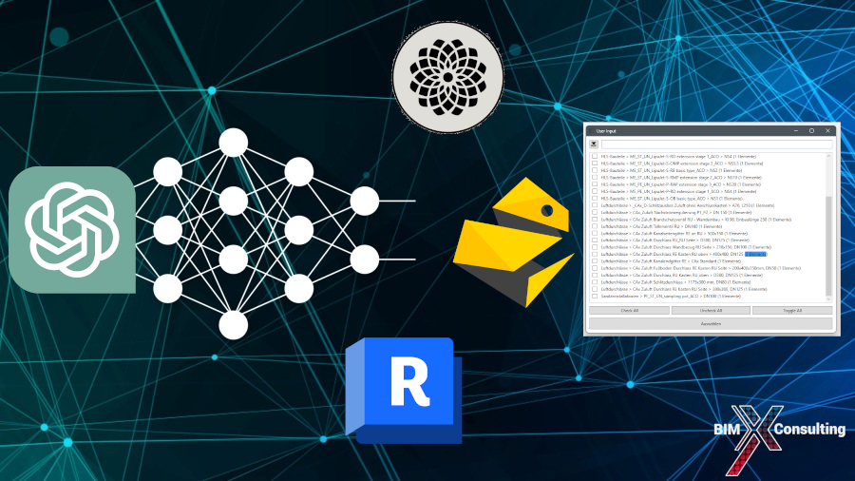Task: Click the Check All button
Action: (x=629, y=310)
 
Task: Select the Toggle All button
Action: (x=792, y=310)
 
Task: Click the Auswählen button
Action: (x=711, y=323)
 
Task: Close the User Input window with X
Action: (x=827, y=130)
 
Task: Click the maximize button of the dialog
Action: (x=811, y=130)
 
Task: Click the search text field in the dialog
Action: (x=716, y=144)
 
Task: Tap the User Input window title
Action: (x=606, y=130)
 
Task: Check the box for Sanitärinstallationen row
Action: (x=595, y=297)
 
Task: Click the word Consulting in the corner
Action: (x=808, y=430)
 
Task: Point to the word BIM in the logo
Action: (x=731, y=430)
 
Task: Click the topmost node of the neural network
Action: (x=234, y=142)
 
